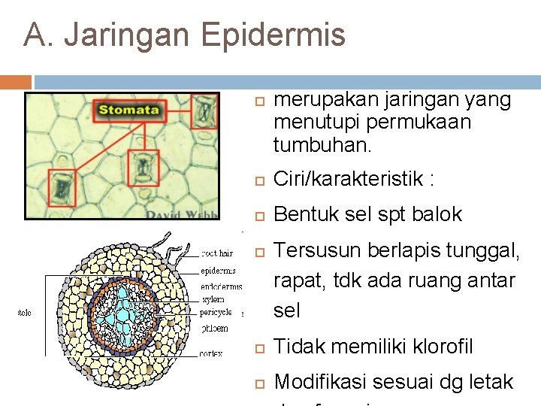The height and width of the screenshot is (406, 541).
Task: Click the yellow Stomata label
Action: point(128,111)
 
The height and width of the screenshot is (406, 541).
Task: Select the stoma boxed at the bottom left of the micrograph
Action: point(62,187)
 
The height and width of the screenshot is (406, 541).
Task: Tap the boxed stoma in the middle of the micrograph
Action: point(143,168)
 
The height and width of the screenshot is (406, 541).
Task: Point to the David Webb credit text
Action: point(183,214)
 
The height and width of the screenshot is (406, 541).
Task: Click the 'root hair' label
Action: point(219,253)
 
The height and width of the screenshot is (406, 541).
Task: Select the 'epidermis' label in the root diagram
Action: point(219,270)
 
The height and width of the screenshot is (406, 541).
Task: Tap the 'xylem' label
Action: point(213,299)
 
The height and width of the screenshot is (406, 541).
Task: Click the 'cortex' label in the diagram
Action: point(210,353)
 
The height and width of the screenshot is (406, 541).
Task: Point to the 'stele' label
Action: point(25,313)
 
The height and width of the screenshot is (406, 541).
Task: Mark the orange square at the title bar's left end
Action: point(16,82)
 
